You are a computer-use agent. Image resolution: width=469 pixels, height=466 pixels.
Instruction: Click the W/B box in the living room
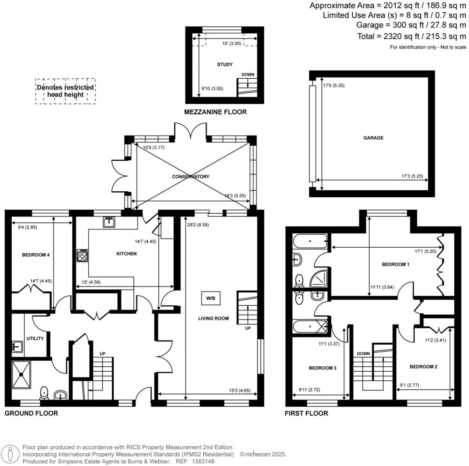pos(210,298)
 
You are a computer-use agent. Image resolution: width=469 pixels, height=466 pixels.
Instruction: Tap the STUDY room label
pos(224,65)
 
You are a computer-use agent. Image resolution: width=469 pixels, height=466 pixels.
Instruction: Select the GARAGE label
pos(374,137)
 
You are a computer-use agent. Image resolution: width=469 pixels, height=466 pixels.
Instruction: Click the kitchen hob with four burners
pos(82,255)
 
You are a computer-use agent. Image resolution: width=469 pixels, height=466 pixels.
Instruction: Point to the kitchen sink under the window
pos(109,222)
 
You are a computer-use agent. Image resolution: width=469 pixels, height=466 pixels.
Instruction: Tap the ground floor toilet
pos(44,392)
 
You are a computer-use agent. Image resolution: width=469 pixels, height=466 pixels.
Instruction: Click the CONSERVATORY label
pos(191,177)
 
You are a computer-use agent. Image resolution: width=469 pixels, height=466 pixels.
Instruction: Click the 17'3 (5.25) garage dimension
pos(413,176)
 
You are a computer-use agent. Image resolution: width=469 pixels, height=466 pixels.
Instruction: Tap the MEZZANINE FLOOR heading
pos(215,112)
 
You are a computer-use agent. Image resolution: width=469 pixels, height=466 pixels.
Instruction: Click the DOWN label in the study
pos(248,75)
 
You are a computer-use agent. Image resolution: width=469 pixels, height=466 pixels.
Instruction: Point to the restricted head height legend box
pos(65,91)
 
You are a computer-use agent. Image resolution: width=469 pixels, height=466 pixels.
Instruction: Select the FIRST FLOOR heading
pos(306,413)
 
